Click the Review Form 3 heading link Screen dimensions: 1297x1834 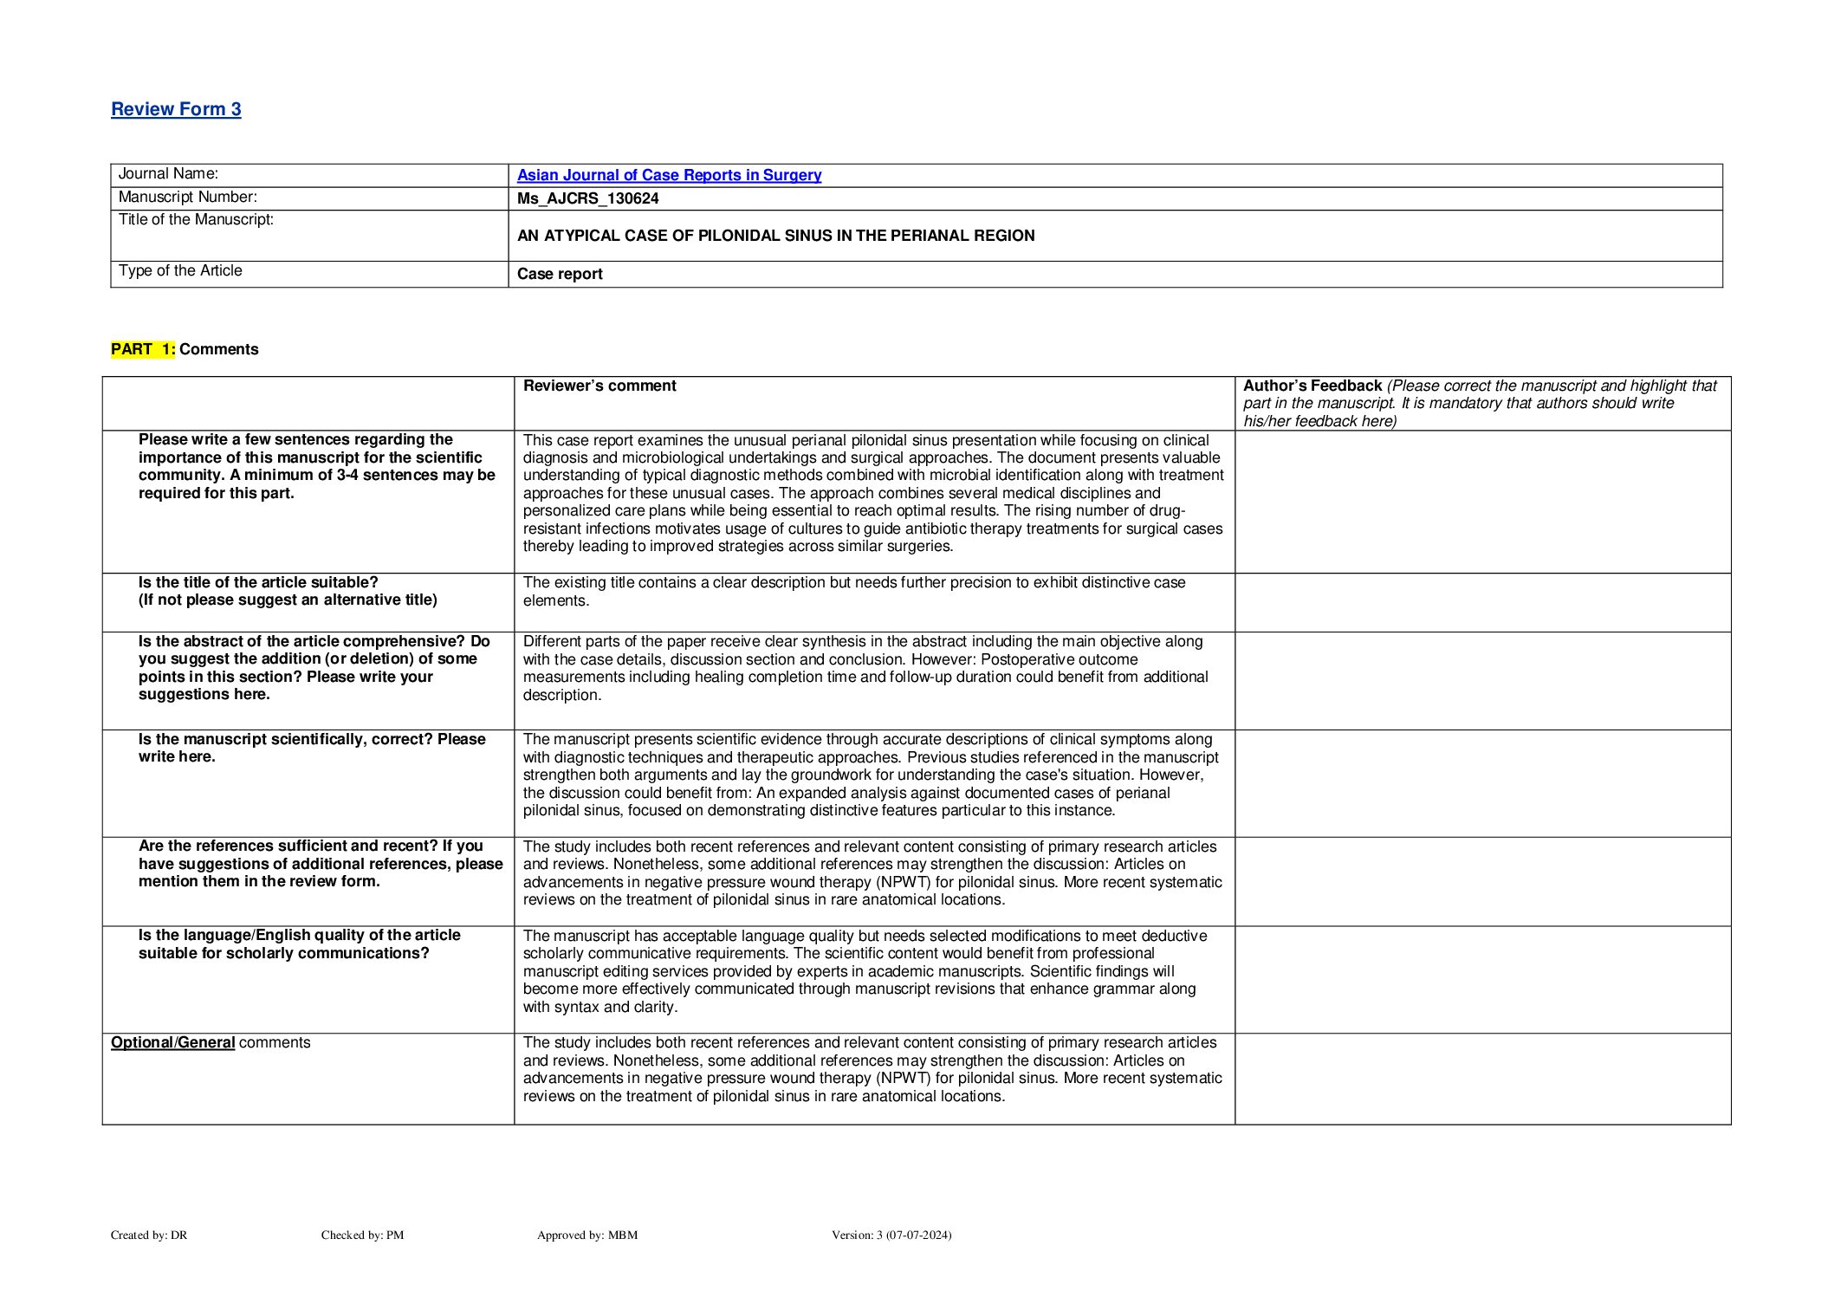(176, 109)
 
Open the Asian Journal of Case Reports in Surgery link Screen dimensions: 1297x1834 (669, 175)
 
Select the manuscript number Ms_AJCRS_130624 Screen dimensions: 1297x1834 (587, 198)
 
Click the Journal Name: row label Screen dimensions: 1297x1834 (168, 174)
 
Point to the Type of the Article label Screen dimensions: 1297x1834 (180, 271)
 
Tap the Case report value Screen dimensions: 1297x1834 (560, 274)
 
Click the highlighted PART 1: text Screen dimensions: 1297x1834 (143, 349)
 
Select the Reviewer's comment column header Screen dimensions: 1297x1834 (599, 386)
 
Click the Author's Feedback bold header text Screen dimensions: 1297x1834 (1312, 386)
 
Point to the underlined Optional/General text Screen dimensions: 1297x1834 (172, 1042)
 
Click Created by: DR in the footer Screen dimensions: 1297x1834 (149, 1235)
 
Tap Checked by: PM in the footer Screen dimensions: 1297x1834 (362, 1235)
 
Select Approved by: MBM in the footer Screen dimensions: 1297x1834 (586, 1235)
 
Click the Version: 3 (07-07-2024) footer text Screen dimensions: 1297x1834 (891, 1235)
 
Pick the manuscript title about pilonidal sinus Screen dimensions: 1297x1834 (775, 236)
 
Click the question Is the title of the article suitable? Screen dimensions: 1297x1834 (258, 582)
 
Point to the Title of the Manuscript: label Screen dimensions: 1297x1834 (196, 220)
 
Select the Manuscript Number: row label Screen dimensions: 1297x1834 (187, 198)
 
